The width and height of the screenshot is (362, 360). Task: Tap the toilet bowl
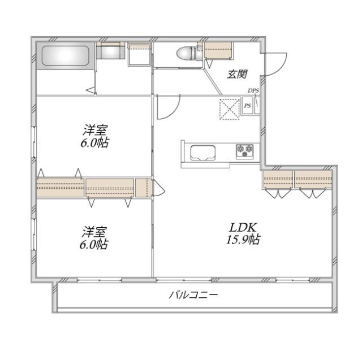186,54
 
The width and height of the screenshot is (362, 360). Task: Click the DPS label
253,91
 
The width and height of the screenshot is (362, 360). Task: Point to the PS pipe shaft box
248,106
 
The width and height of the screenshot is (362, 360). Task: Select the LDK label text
243,228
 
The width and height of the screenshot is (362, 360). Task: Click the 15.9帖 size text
243,240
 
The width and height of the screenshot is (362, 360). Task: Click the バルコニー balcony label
193,295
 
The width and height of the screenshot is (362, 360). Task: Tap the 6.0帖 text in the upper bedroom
94,143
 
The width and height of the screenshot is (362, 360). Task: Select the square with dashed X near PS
229,109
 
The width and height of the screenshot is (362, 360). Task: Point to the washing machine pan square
139,55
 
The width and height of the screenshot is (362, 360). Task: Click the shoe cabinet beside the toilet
218,51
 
